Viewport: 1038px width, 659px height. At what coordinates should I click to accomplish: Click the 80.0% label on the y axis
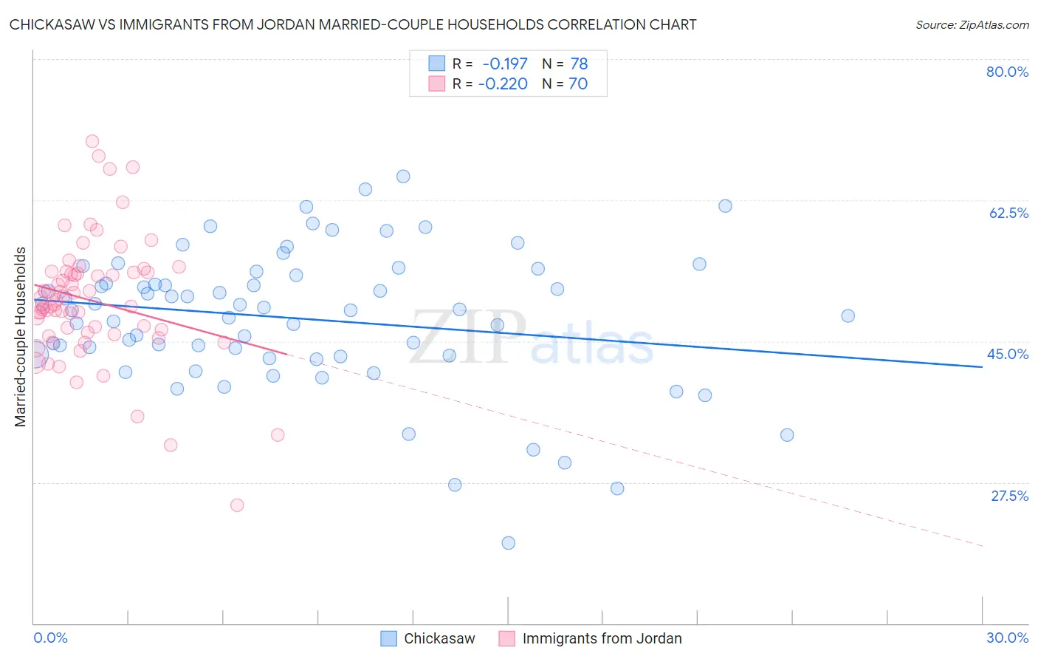1007,72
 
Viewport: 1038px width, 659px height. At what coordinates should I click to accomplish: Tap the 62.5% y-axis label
1008,213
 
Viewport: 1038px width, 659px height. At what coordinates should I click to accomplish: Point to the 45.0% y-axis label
1008,354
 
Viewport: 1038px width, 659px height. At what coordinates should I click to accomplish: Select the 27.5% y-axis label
1009,496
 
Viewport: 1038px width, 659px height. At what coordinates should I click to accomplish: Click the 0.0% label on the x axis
50,638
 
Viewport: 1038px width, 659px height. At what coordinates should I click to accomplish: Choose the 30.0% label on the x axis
1007,638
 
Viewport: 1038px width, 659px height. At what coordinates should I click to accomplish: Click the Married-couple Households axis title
21,337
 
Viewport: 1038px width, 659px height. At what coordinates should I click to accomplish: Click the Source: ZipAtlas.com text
972,25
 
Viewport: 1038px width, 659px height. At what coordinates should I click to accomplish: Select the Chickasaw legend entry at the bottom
439,638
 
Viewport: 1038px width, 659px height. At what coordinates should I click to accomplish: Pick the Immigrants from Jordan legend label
602,638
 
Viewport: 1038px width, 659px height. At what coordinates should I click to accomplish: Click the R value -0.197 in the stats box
505,64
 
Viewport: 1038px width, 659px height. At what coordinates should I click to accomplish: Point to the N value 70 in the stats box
578,84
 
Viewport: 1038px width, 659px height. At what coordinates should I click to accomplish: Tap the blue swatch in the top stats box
437,64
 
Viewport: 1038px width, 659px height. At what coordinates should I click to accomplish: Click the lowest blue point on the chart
508,543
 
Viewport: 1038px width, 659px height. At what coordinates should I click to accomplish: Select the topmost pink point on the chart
92,141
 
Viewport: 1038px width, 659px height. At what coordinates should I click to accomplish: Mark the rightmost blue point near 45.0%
848,315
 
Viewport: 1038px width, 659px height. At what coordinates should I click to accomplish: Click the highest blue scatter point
403,176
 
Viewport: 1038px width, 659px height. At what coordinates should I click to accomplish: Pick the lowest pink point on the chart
237,505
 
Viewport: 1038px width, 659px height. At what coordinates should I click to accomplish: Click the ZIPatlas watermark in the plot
532,338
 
